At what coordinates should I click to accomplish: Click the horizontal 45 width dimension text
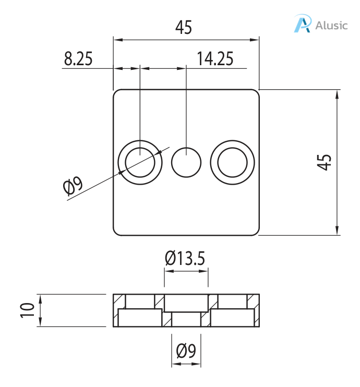coord(184,27)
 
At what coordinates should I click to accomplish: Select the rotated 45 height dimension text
coord(325,162)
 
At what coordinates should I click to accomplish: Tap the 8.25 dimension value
coord(78,59)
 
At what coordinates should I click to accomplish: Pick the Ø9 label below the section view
coord(186,351)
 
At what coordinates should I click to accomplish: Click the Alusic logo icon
coord(302,24)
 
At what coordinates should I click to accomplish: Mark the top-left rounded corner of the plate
coord(116,92)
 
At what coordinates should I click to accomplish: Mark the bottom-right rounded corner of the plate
coord(256,232)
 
